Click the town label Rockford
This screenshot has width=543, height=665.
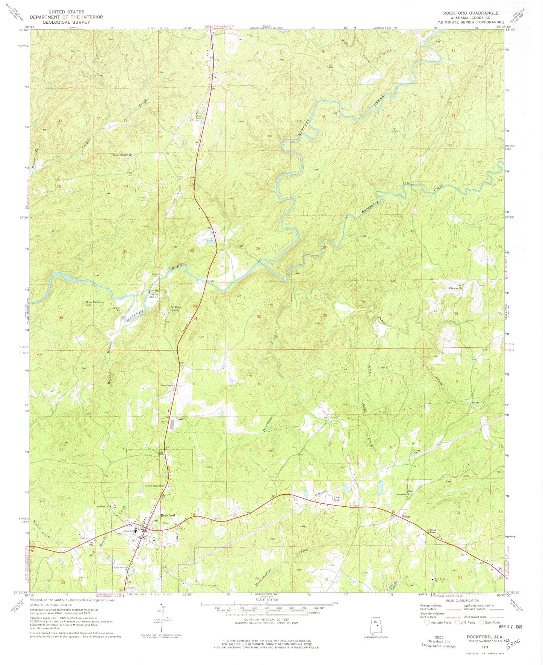168,515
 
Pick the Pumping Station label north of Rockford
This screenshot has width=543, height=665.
155,486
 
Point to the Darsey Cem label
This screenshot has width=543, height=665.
416,451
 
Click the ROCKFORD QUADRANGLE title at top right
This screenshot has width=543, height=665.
471,13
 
